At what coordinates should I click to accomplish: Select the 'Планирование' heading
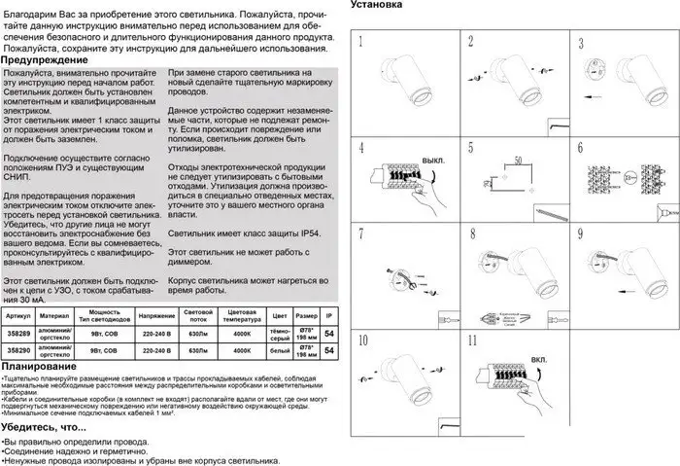(39, 367)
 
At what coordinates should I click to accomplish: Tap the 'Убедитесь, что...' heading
(44, 426)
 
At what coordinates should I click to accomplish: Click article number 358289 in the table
(18, 333)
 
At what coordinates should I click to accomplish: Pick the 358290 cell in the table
(18, 349)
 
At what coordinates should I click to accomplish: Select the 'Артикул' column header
(18, 317)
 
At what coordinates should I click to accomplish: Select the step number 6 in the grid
(580, 148)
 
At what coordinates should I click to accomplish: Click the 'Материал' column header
(55, 317)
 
